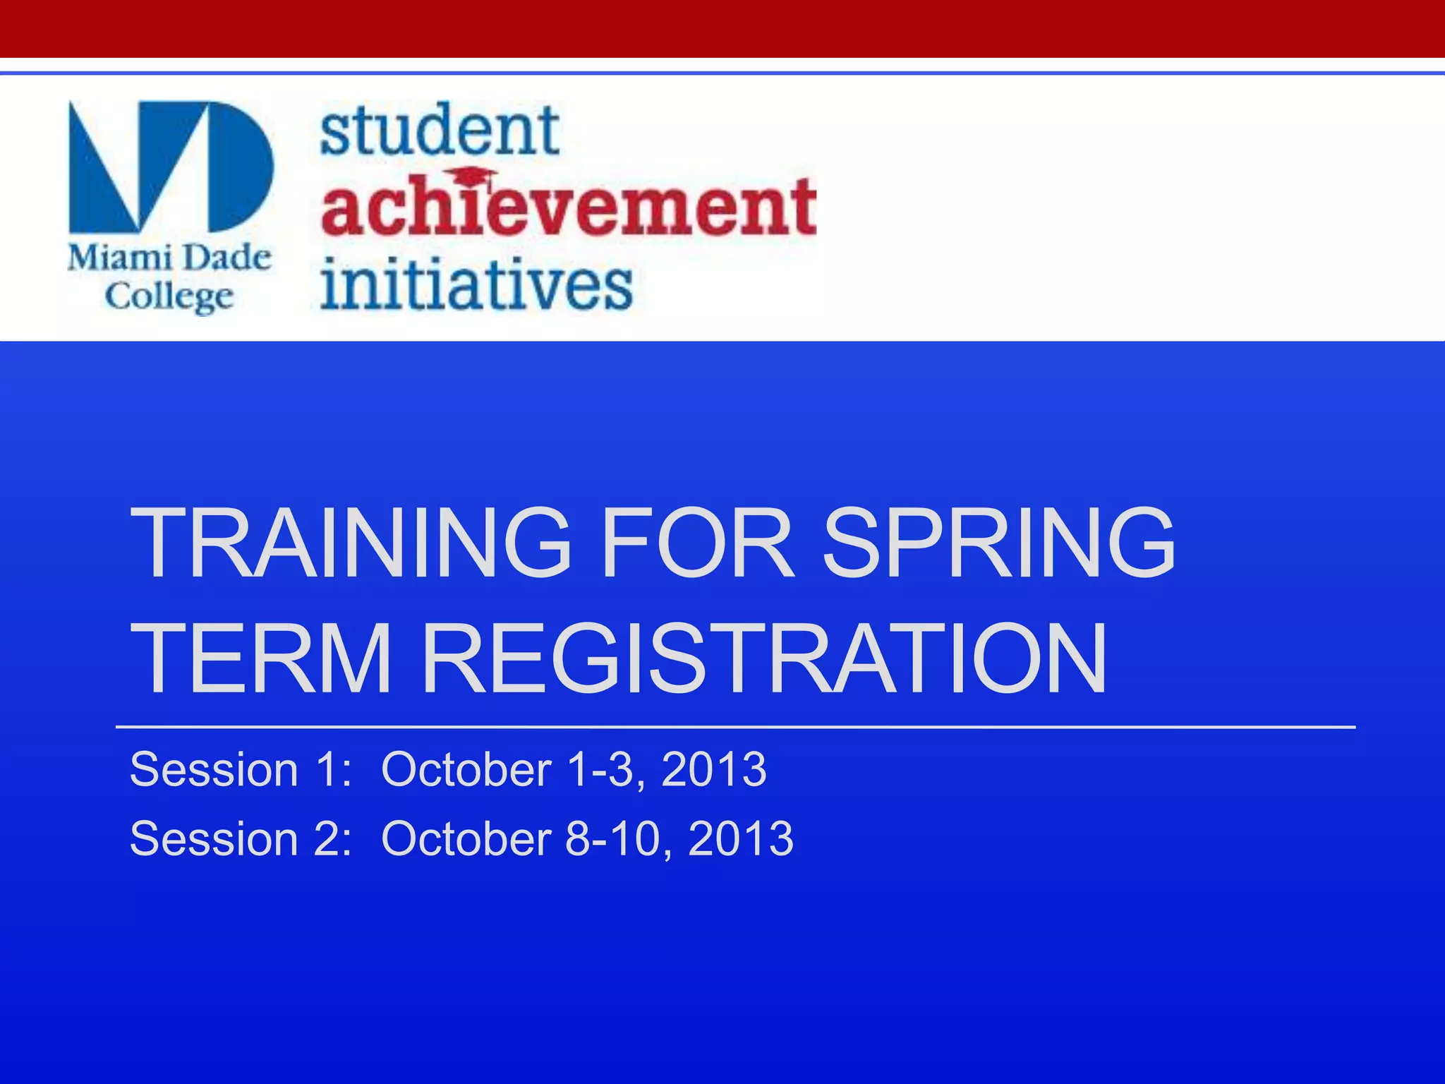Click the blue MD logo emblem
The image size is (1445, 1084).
click(x=170, y=166)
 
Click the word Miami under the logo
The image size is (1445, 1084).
click(x=116, y=258)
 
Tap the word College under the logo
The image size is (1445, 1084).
click(x=169, y=296)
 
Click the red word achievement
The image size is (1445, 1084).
click(x=569, y=208)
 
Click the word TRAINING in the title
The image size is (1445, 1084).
click(x=350, y=543)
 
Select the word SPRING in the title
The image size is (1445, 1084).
click(x=999, y=543)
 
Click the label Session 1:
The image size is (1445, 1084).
click(x=241, y=769)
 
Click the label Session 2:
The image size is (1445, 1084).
click(x=241, y=838)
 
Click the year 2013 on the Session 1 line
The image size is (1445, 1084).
click(x=714, y=769)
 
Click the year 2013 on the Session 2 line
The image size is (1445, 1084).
click(x=741, y=838)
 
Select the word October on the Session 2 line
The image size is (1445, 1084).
click(x=466, y=838)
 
